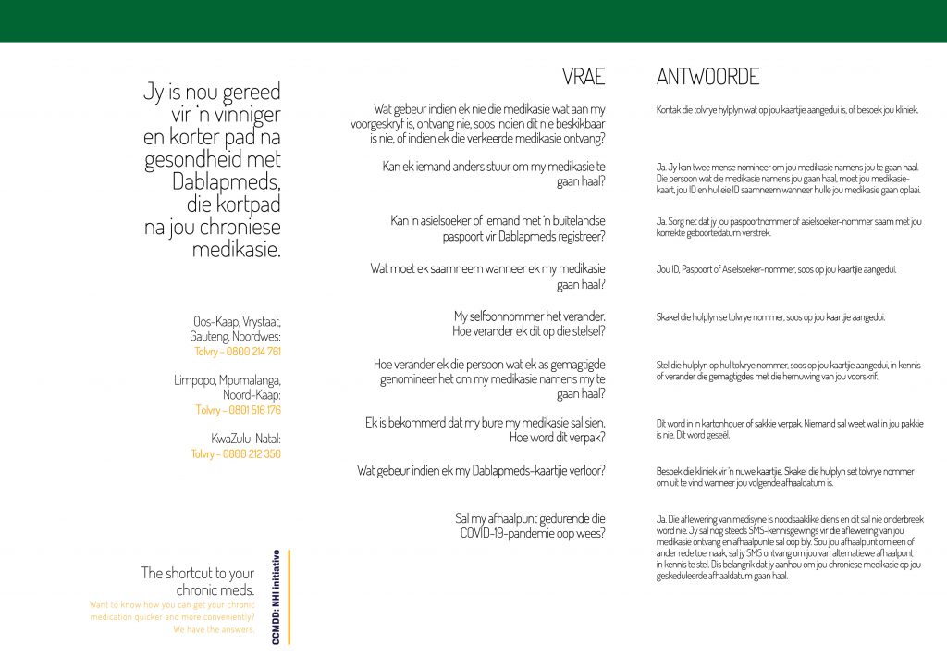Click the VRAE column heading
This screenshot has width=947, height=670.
coord(584,77)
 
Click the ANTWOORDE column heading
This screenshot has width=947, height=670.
coord(707,77)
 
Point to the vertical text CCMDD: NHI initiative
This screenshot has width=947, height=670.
coord(277,597)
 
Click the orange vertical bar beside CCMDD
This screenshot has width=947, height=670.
coord(289,597)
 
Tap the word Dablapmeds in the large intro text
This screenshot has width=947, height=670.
coord(226,182)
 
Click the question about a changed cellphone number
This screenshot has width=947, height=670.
coord(528,324)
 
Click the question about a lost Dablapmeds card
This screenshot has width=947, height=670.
coord(481,471)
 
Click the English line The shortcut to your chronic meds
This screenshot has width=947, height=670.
coord(197,581)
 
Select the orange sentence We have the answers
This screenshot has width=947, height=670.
coord(214,629)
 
